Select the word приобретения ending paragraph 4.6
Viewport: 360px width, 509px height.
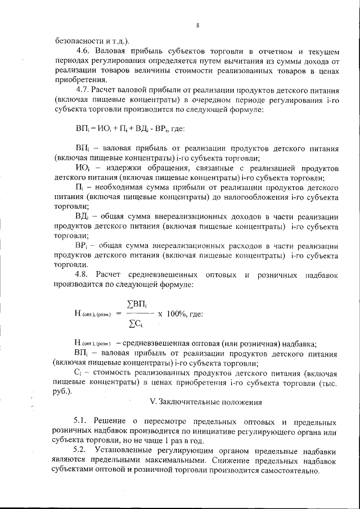point(79,79)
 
